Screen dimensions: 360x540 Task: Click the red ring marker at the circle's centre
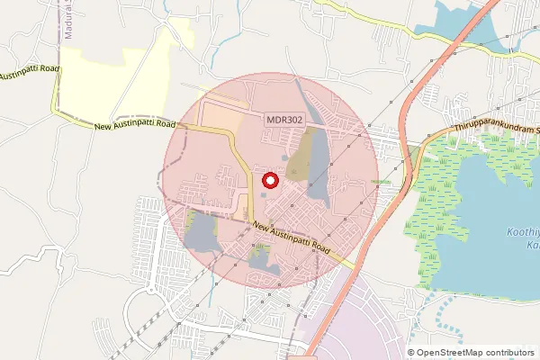tap(269, 181)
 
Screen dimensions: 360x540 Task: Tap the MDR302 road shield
tap(283, 119)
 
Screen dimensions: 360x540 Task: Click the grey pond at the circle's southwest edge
tap(201, 232)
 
